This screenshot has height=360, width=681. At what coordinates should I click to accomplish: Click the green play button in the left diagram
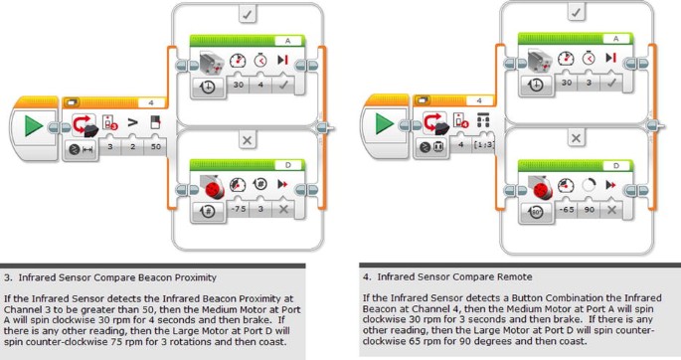[x=34, y=126]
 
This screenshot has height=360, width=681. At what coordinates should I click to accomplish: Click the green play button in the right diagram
[x=384, y=123]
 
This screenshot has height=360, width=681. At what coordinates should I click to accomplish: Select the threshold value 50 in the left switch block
[x=156, y=147]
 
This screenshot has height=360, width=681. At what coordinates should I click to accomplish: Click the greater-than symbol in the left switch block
[x=133, y=122]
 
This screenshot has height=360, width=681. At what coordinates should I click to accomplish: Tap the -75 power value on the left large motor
[x=239, y=209]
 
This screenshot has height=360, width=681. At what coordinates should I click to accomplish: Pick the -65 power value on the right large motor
[x=567, y=209]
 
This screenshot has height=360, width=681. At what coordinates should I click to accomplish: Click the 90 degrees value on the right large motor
[x=589, y=209]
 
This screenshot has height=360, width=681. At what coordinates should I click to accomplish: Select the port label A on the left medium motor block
[x=288, y=41]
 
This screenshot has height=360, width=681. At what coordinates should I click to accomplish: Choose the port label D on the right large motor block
[x=615, y=165]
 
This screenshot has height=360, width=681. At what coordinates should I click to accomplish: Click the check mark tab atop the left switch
[x=248, y=14]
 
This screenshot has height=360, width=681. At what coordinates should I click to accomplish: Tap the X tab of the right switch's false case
[x=576, y=138]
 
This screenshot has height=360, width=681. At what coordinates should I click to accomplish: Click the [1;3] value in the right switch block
[x=484, y=144]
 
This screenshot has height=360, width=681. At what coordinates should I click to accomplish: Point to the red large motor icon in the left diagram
[x=213, y=188]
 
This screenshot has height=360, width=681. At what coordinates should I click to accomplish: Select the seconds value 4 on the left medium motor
[x=260, y=85]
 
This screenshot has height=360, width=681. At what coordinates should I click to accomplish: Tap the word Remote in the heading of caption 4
[x=516, y=276]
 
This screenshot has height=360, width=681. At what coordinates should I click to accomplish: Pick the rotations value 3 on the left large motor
[x=260, y=209]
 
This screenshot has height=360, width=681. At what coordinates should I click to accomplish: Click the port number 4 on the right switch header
[x=479, y=100]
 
